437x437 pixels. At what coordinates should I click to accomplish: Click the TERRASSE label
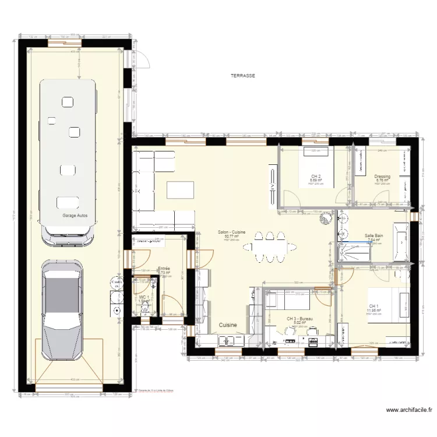point(243,76)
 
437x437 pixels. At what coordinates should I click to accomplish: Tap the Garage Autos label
point(75,216)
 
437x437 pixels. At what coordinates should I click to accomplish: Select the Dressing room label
point(382,177)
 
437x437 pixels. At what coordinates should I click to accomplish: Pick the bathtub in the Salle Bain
point(402,242)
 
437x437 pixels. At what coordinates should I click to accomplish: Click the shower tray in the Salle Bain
point(354,252)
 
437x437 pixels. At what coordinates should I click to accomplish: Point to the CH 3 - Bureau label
point(300,319)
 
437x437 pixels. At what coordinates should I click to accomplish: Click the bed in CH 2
point(317,167)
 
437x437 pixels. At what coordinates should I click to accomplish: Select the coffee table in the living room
point(180,190)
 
